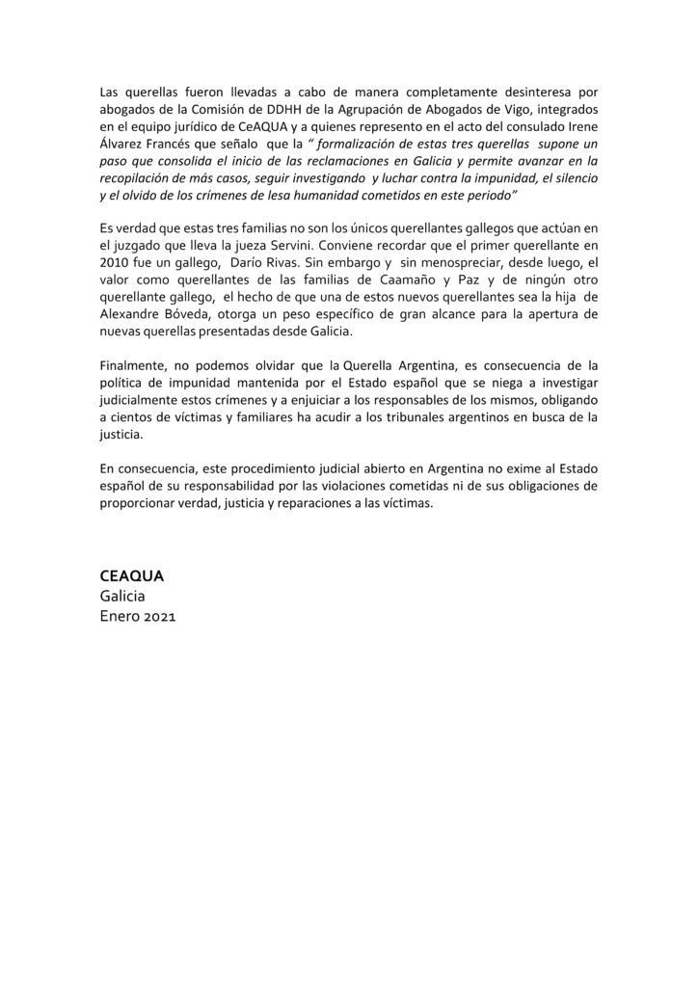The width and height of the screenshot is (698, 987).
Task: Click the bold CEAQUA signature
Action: pos(132,575)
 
